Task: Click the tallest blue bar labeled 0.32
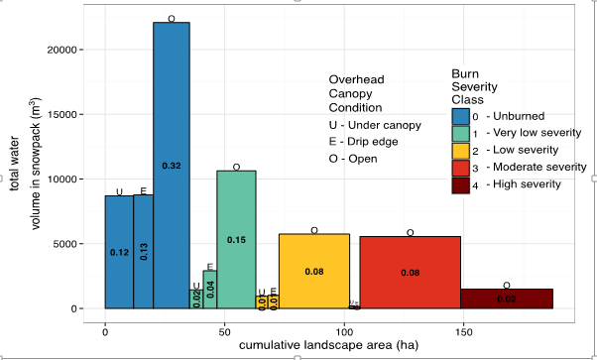click(171, 165)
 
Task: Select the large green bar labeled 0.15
click(236, 239)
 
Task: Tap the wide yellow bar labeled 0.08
click(313, 271)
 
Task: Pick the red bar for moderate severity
click(410, 272)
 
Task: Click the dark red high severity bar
click(506, 299)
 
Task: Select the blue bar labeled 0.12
click(119, 252)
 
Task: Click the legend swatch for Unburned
click(460, 115)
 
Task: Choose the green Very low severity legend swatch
click(460, 133)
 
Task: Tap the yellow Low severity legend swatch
click(460, 150)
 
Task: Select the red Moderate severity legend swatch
click(460, 167)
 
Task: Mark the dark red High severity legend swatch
click(460, 184)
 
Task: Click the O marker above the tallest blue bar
click(172, 18)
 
